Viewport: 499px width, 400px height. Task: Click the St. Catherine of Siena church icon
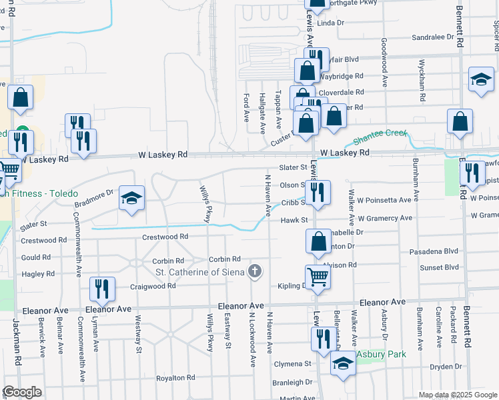tap(254, 271)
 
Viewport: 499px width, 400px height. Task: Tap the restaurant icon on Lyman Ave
tap(101, 289)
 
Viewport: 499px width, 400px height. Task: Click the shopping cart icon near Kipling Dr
tap(318, 276)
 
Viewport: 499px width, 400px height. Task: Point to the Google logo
tap(21, 392)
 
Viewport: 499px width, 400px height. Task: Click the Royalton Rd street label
tap(175, 378)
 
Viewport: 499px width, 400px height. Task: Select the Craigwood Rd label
tap(153, 285)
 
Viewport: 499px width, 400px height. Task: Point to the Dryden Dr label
tap(446, 367)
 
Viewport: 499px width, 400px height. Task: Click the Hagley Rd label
tap(38, 274)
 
